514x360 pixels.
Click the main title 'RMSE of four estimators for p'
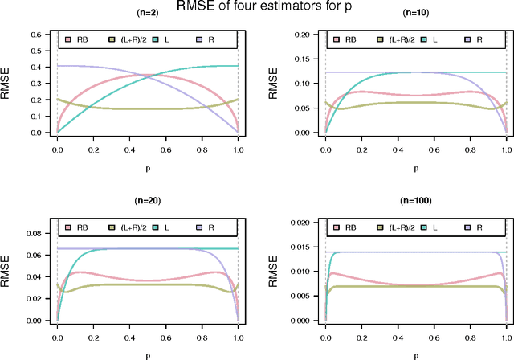point(257,8)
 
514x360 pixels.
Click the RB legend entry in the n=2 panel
point(77,39)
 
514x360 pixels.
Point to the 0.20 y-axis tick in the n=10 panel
point(304,35)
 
